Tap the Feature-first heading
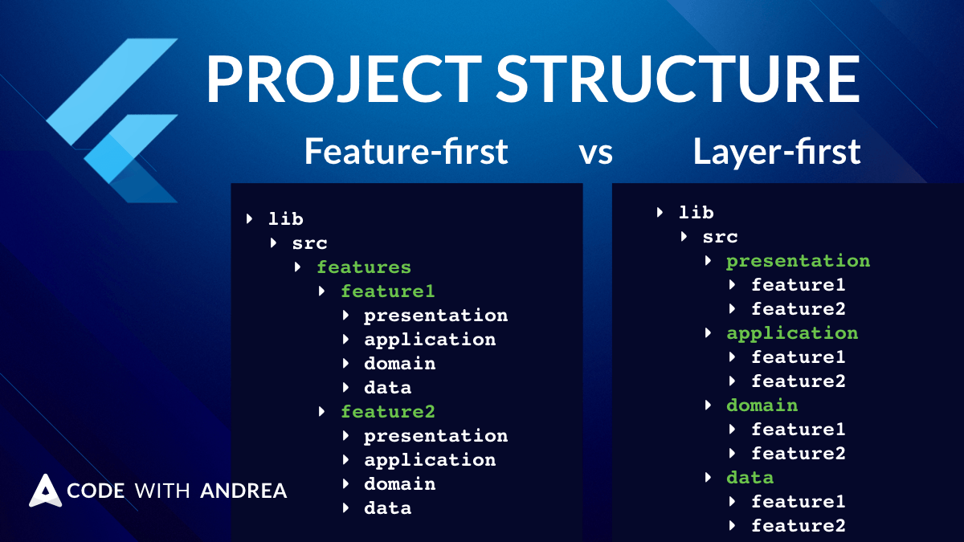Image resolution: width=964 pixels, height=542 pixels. tap(406, 151)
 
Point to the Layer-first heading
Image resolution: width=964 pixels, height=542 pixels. tap(777, 151)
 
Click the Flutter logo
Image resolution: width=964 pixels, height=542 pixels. tap(112, 120)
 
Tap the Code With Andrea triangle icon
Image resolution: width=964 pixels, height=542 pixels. tap(45, 491)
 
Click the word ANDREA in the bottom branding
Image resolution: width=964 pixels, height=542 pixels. tap(243, 491)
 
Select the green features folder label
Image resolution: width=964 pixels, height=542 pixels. tap(363, 267)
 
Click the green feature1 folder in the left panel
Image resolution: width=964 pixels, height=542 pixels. tap(387, 291)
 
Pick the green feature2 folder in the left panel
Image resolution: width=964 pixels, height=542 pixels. tap(387, 412)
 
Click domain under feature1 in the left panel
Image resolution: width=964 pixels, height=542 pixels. tap(399, 364)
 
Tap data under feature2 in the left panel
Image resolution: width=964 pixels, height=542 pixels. tap(387, 508)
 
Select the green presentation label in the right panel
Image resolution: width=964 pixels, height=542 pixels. tap(798, 261)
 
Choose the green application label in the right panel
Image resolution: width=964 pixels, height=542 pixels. tap(792, 333)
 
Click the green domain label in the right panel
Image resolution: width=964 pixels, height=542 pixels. tap(762, 405)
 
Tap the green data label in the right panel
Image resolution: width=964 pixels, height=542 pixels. tap(750, 478)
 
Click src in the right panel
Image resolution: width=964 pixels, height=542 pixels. tap(720, 237)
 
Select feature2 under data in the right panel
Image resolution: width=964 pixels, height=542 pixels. tap(798, 526)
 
